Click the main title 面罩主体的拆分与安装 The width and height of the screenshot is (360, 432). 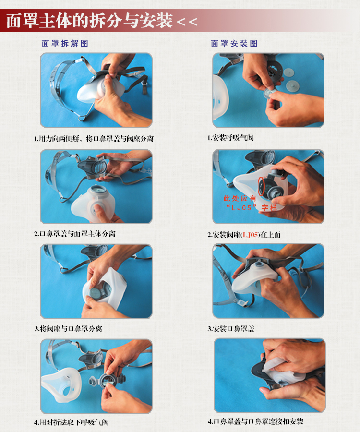89,21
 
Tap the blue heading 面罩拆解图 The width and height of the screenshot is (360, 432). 65,43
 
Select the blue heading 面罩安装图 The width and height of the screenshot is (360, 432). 234,43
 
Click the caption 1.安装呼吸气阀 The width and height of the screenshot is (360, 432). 230,138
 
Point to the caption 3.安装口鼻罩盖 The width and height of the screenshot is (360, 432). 231,329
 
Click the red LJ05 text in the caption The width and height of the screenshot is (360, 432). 251,235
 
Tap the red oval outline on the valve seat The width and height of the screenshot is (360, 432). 261,187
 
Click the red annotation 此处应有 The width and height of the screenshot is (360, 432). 240,198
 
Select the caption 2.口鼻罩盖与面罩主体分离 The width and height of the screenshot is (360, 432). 75,234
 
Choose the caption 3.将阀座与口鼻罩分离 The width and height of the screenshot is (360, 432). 68,329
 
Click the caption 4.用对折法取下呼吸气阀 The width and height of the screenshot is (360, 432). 72,422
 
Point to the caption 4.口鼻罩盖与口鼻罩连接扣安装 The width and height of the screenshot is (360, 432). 256,421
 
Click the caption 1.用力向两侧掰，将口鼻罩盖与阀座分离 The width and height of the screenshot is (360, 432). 94,139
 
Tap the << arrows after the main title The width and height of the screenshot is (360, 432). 187,22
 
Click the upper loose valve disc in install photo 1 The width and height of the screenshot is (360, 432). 288,72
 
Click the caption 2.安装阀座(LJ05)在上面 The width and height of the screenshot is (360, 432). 244,235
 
